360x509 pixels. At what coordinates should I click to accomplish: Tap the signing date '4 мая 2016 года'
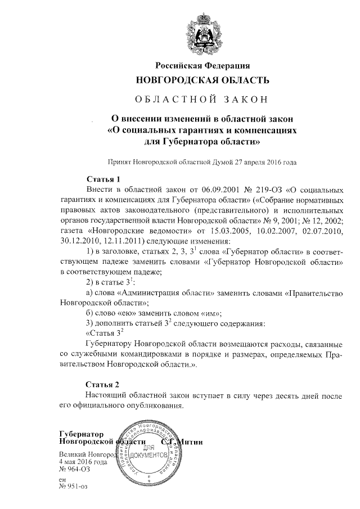(83, 461)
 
